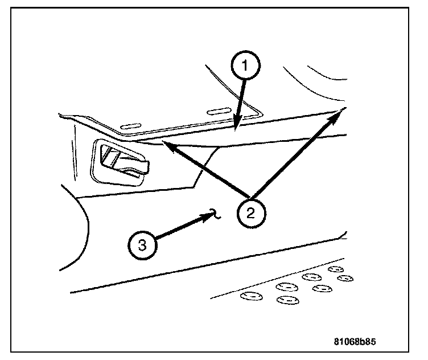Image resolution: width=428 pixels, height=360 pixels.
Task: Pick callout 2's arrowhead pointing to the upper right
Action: coord(341,112)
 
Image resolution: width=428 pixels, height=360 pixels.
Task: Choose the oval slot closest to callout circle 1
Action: coord(219,111)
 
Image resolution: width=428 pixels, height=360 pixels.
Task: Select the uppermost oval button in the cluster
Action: coord(336,268)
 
